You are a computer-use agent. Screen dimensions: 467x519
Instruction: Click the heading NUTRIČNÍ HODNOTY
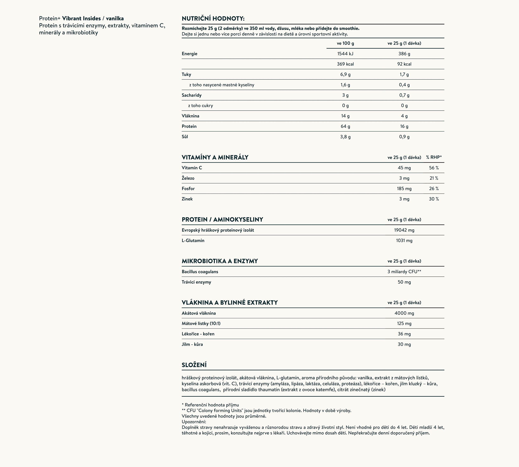click(213, 18)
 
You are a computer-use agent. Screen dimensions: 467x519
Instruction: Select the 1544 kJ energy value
click(345, 54)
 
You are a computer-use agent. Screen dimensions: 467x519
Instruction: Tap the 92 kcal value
click(404, 64)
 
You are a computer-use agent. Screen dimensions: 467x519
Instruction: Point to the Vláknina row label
click(190, 116)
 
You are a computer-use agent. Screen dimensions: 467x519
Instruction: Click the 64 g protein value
click(345, 126)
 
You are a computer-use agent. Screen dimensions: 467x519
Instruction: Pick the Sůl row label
click(185, 137)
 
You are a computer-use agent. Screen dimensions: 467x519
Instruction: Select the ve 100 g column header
click(345, 43)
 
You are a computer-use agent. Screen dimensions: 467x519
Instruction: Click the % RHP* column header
click(434, 157)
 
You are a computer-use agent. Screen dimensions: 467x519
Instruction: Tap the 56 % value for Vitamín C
click(434, 168)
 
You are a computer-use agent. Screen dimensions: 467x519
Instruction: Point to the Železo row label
click(188, 178)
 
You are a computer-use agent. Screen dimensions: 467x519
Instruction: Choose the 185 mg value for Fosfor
click(404, 189)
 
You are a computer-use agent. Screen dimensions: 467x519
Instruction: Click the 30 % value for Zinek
click(434, 199)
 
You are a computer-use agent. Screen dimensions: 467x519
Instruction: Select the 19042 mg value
click(404, 230)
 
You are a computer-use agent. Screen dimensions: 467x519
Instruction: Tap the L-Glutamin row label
click(193, 240)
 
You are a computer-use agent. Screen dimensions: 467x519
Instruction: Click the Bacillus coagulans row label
click(200, 271)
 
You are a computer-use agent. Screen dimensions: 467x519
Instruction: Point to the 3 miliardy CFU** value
click(404, 271)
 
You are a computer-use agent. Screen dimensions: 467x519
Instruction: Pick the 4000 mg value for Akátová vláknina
click(404, 313)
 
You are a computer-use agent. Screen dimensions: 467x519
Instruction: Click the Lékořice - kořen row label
click(198, 334)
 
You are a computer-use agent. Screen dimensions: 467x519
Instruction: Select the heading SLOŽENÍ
click(194, 365)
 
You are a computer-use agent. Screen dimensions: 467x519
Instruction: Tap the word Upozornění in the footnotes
click(194, 422)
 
